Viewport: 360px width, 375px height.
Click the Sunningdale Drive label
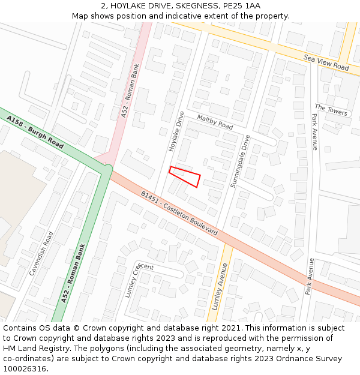point(239,161)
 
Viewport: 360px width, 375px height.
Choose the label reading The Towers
point(331,110)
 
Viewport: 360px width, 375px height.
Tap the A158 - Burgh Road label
point(35,133)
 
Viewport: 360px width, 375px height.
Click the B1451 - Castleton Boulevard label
point(179,213)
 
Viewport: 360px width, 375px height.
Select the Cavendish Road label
point(41,253)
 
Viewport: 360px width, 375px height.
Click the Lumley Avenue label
point(218,286)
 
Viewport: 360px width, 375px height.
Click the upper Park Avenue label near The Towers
point(314,132)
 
